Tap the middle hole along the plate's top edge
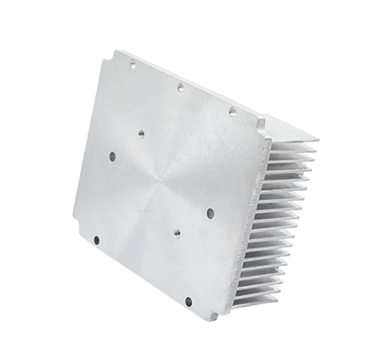pos(181,88)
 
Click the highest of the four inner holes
pos(141,132)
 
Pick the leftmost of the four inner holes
pos(111,156)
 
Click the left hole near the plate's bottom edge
pos(96,240)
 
